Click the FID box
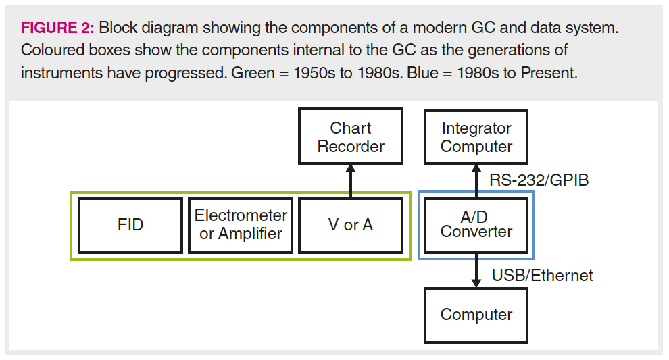click(130, 225)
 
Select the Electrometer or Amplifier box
click(241, 225)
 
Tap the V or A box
click(350, 225)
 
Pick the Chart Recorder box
click(350, 136)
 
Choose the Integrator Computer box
click(476, 137)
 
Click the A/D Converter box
click(476, 225)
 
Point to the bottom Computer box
click(476, 315)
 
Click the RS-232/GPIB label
click(539, 180)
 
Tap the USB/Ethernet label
click(542, 276)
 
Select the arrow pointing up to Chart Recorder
click(351, 181)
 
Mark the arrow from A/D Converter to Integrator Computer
click(476, 181)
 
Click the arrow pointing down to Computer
click(476, 270)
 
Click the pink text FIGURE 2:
click(57, 28)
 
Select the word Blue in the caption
click(422, 73)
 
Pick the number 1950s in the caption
click(314, 73)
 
